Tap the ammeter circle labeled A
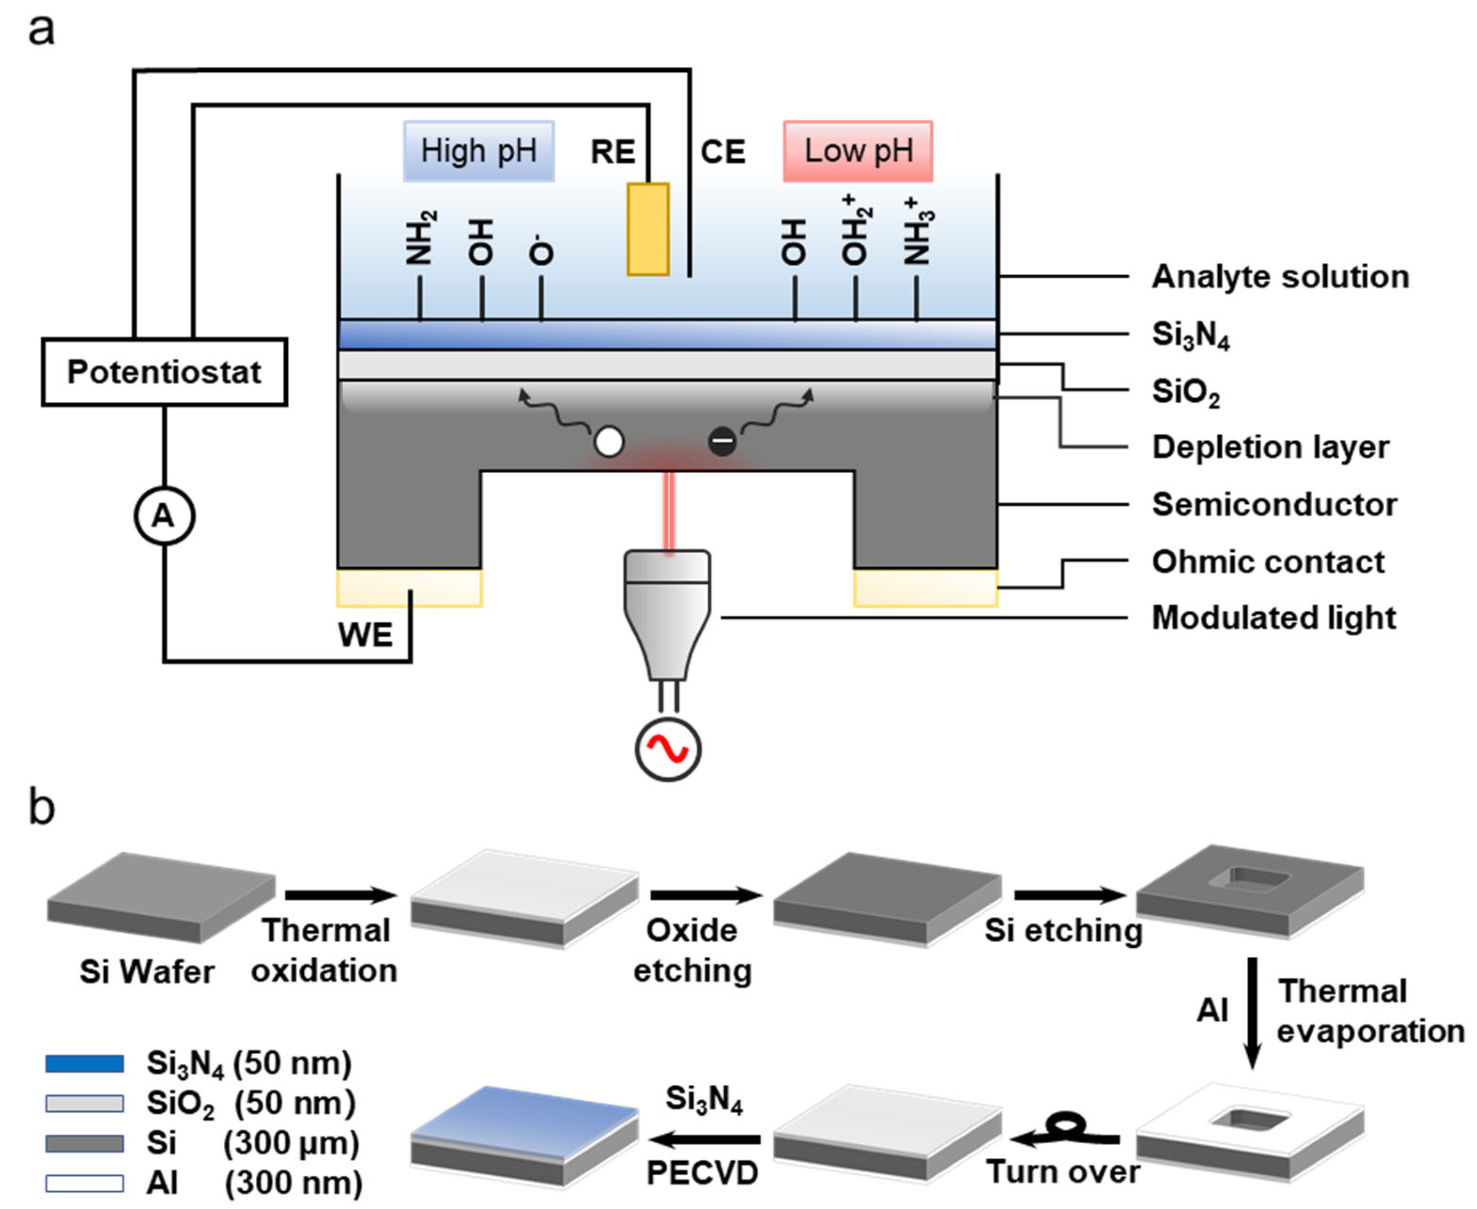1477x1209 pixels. (164, 516)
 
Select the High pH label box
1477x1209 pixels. (479, 151)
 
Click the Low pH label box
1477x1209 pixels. (857, 151)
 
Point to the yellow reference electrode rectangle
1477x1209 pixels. (648, 229)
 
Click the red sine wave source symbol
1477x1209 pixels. (667, 749)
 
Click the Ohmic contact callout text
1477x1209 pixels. (1268, 562)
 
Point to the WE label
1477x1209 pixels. (365, 635)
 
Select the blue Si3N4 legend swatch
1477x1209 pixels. (84, 1063)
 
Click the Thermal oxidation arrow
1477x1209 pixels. (340, 895)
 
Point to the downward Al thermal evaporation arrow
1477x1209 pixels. (1252, 1013)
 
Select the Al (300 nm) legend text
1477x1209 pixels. (254, 1183)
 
